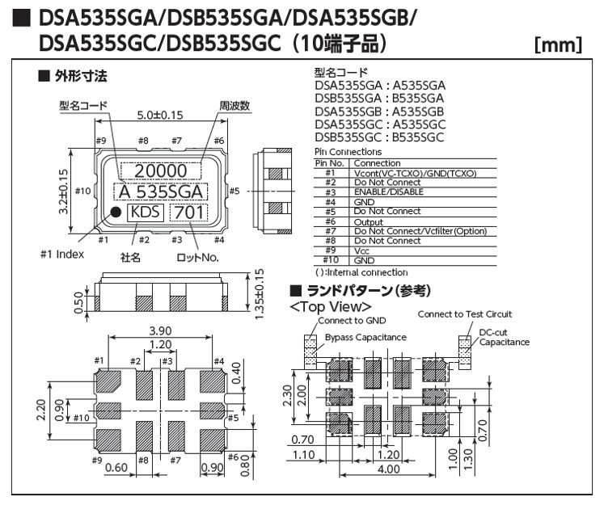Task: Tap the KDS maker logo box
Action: (x=146, y=213)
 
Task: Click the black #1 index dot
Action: (x=116, y=213)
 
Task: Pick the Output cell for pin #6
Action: (x=368, y=221)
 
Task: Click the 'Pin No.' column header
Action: (x=329, y=163)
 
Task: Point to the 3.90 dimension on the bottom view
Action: (x=161, y=331)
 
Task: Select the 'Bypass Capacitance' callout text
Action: (x=365, y=337)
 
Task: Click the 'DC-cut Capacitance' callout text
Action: (x=503, y=336)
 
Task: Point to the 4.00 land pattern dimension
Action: (x=389, y=469)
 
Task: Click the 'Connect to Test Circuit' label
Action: (x=465, y=314)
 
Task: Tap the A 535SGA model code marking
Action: (x=159, y=192)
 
